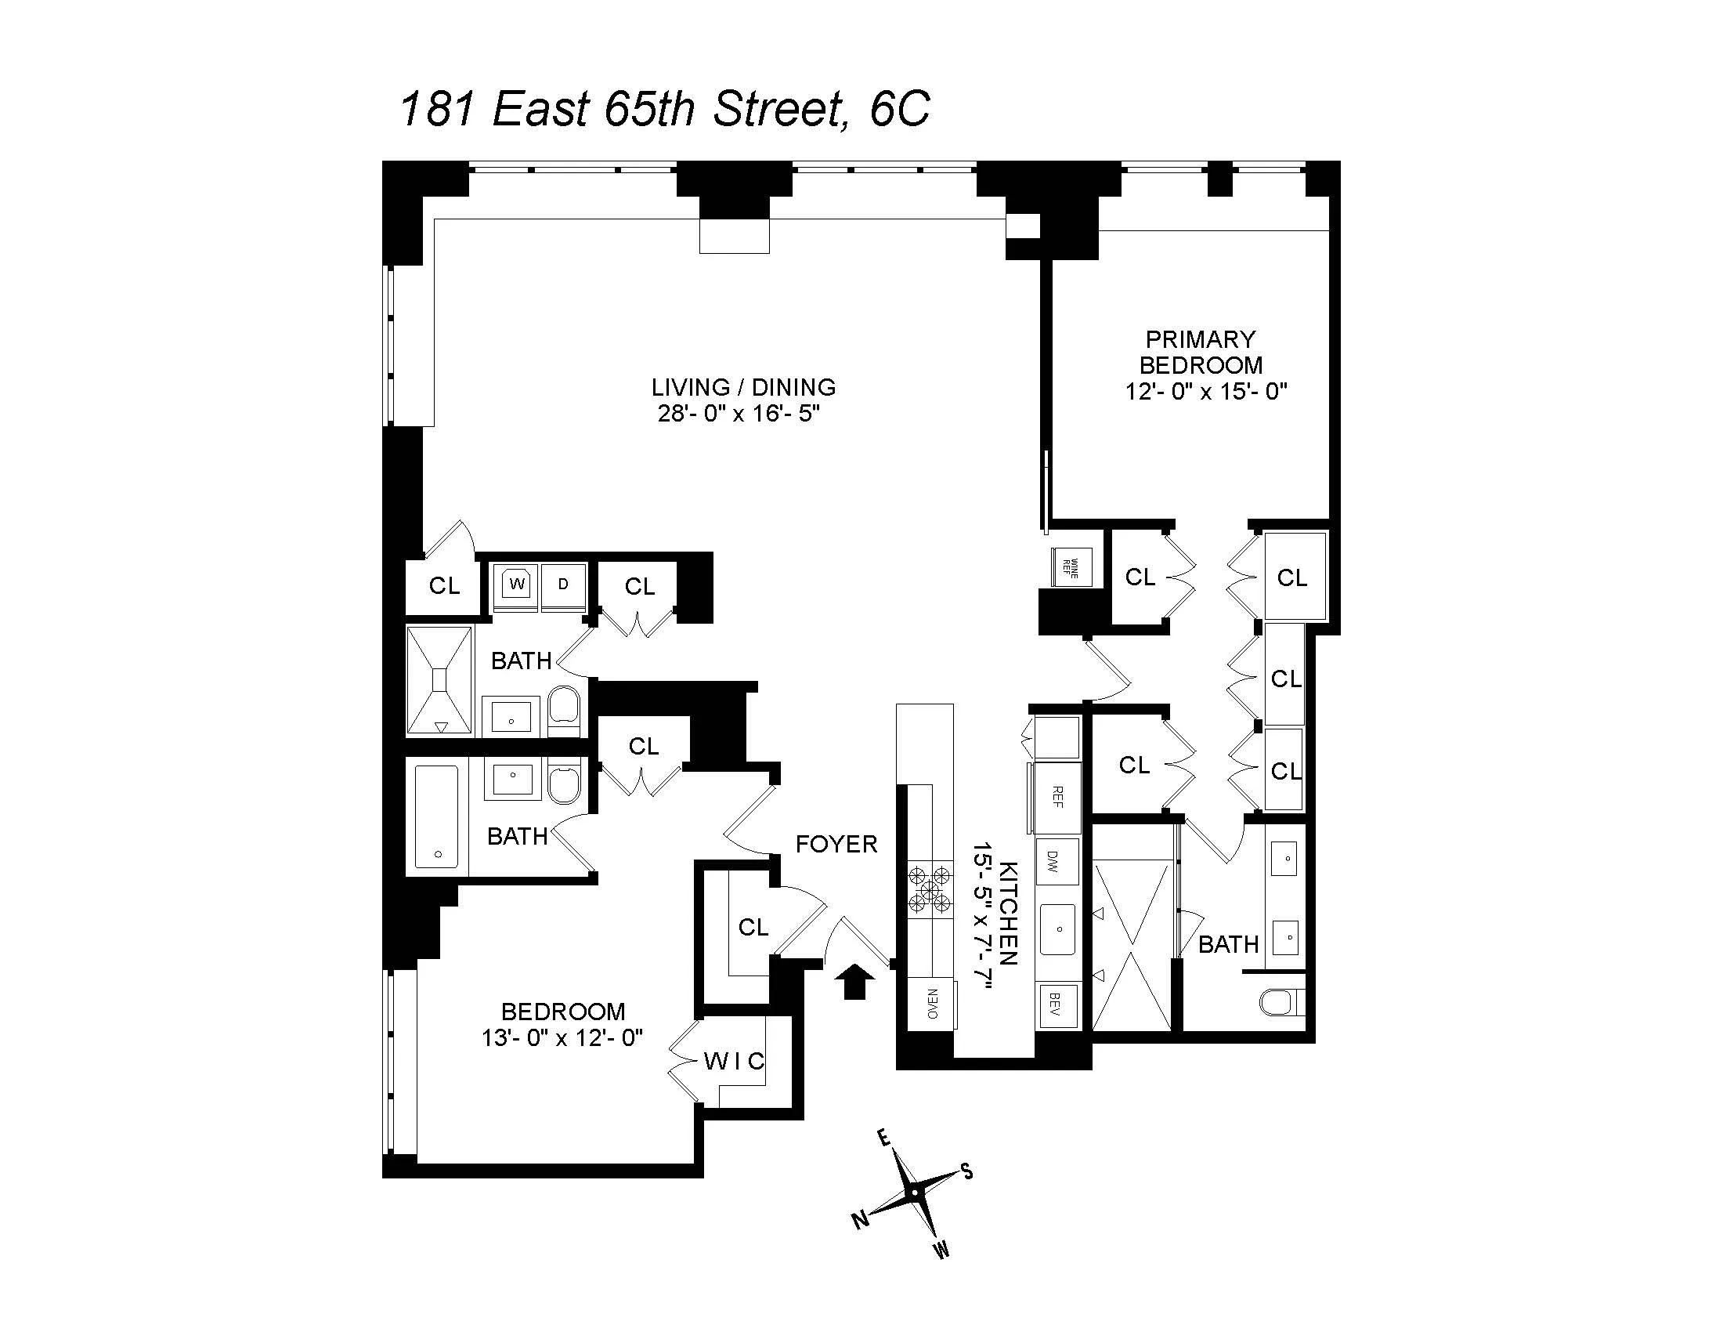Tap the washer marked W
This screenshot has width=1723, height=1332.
pos(517,585)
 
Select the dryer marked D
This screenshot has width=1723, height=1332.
pos(563,585)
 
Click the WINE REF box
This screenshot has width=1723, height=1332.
pos(1071,567)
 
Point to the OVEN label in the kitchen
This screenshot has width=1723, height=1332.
pos(932,1004)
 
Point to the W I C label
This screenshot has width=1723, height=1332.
pos(734,1062)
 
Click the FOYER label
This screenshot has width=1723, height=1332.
pos(836,845)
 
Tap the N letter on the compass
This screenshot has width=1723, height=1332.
pos(861,1220)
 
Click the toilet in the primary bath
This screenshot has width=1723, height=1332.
pos(1278,1003)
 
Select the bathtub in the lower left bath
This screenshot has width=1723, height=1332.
pos(436,816)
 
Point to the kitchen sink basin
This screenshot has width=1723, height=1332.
pos(1057,929)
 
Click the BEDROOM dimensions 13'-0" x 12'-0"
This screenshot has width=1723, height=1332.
pos(562,1037)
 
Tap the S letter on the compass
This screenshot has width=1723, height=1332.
pos(966,1171)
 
